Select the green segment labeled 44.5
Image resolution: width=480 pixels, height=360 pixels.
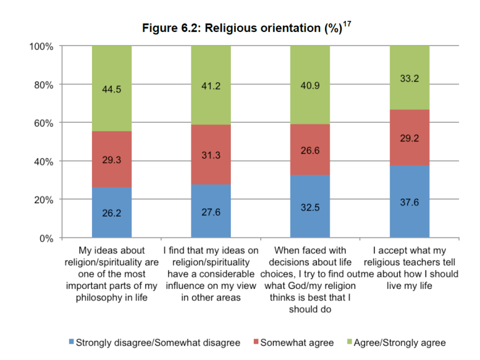tap(112, 89)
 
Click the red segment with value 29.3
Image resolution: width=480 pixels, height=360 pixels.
tap(112, 159)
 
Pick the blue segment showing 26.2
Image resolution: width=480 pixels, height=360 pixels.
tap(112, 212)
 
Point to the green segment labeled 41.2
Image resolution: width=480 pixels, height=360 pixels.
tap(211, 86)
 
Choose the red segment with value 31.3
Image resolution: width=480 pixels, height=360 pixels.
tap(211, 155)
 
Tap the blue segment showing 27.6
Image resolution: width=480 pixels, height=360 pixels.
tap(211, 211)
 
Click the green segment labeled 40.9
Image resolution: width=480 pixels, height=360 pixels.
tap(310, 85)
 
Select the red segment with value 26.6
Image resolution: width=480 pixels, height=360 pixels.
tap(310, 149)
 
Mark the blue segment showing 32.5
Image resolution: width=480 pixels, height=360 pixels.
tap(310, 207)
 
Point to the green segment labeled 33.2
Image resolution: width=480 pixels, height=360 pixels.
tap(409, 78)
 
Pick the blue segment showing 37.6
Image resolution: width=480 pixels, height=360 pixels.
tap(409, 202)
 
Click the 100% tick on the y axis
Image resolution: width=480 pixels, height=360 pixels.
tap(41, 46)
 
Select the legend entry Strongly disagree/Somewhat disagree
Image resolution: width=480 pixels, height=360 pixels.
tap(154, 343)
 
